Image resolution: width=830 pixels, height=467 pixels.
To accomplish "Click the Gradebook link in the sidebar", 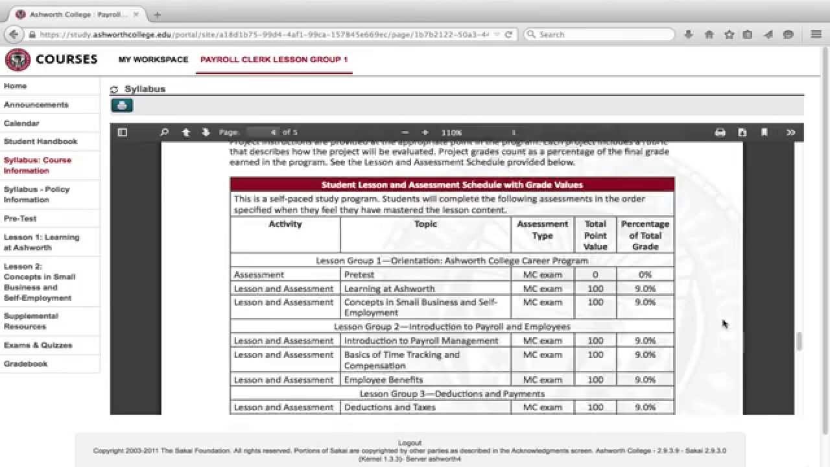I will tap(26, 364).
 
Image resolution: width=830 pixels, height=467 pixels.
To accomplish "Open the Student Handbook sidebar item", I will tap(40, 141).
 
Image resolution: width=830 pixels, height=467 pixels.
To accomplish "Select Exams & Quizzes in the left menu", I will tap(38, 345).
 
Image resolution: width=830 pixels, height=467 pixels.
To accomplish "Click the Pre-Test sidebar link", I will tap(20, 219).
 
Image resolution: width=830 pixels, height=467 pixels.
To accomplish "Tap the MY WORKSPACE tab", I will tap(153, 60).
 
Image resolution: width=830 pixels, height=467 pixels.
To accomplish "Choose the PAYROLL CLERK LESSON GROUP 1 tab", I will tap(274, 60).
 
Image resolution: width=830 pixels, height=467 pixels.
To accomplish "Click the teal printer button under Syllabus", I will tap(122, 105).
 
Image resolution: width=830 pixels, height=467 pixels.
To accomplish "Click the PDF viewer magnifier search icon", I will tap(164, 132).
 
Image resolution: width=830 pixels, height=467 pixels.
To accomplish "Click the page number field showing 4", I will tap(265, 132).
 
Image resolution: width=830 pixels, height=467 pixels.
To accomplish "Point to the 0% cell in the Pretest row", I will tap(645, 275).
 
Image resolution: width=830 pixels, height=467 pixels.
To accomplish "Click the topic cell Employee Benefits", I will tap(383, 380).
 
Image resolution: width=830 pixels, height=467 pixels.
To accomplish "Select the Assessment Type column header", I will tap(542, 230).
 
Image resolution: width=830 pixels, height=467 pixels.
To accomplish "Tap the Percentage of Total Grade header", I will tap(645, 235).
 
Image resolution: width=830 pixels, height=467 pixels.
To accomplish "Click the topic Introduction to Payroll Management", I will tap(421, 341).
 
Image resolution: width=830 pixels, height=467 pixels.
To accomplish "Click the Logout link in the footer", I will tap(410, 443).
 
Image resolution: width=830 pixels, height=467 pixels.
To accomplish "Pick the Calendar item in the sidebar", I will tap(21, 123).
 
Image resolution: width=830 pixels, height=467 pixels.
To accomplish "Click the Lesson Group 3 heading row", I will tap(452, 394).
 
